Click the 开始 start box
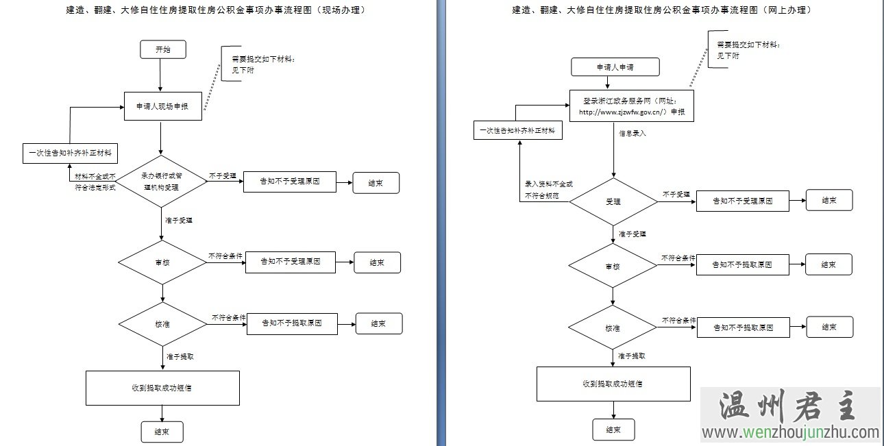pos(162,49)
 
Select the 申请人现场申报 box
pos(163,106)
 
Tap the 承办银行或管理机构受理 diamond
pos(161,181)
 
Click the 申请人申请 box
pos(615,67)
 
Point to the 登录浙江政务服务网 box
pos(631,106)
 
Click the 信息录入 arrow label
pos(632,134)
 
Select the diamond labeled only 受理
pos(613,201)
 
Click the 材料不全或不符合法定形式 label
pos(95,182)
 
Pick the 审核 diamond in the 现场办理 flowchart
pos(162,262)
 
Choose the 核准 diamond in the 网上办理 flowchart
pos(613,327)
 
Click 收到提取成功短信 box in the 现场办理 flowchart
pos(162,388)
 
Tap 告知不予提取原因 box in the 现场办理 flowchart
pos(292,323)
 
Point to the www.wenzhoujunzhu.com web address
pos(789,433)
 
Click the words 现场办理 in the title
pos(341,10)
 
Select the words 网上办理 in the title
pos(790,10)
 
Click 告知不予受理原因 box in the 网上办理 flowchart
pos(742,201)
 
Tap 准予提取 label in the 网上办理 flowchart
pos(631,356)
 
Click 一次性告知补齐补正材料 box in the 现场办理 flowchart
pos(71,153)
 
